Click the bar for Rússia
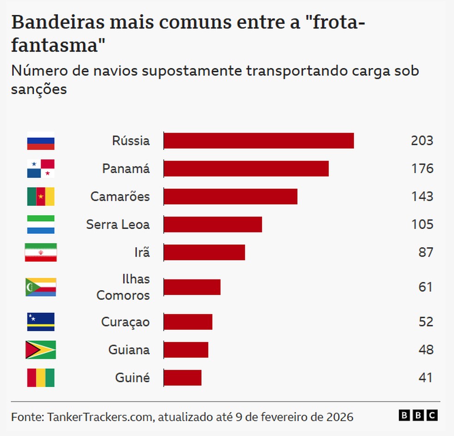pos(259,141)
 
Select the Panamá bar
pos(246,169)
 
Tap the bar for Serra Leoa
pos(213,224)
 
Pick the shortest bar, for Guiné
pos(183,377)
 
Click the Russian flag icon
pos(41,141)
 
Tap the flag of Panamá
pos(41,169)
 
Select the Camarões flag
pos(41,196)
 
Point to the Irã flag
pos(41,252)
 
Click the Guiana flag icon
pos(41,350)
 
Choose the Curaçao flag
pos(41,322)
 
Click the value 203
pos(422,141)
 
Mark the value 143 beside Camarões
pos(422,196)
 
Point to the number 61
pos(426,287)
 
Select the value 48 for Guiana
pos(426,350)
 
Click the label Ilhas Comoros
pos(123,287)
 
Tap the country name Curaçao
pos(125,322)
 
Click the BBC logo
pos(418,416)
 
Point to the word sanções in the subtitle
pos(39,89)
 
